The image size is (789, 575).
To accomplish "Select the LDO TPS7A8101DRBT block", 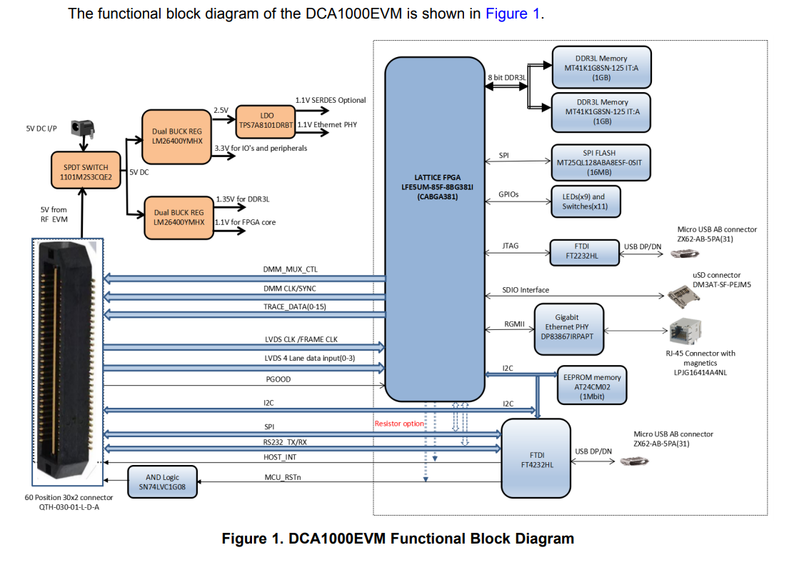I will tap(266, 119).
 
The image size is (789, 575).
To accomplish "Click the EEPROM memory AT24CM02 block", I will tap(592, 386).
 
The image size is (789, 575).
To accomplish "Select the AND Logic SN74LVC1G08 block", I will tap(161, 482).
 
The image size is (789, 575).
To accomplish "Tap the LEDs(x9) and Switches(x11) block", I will tap(586, 201).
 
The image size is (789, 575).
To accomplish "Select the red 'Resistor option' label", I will tap(399, 424).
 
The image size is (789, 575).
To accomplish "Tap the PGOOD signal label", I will tap(278, 379).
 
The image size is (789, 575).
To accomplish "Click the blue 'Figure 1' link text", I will tap(513, 14).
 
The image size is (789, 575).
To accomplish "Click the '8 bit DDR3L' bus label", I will tap(506, 77).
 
